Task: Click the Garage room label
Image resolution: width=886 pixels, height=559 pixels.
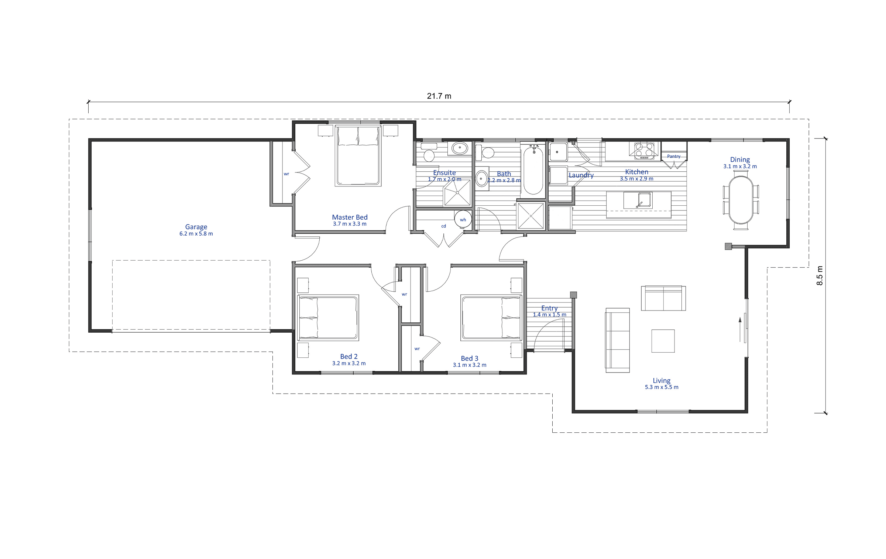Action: tap(196, 227)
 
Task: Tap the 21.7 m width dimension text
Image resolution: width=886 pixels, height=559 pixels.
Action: tap(439, 96)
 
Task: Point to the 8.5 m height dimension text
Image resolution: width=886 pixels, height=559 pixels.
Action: tap(820, 275)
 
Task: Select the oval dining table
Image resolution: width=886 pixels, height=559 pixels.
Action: tap(741, 200)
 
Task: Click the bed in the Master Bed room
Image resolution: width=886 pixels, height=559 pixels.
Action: tap(358, 155)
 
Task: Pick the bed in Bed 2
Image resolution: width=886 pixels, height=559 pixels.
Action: tap(328, 318)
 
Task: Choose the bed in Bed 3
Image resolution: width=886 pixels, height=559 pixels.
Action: tap(491, 318)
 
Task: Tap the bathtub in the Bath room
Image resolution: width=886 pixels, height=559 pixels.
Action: tap(533, 169)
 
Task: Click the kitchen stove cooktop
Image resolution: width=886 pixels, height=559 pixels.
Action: tap(644, 151)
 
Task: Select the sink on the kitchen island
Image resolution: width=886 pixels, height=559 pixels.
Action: tap(638, 200)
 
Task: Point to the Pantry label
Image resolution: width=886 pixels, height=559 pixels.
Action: tap(674, 156)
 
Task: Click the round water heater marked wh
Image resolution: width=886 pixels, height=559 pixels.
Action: tap(463, 219)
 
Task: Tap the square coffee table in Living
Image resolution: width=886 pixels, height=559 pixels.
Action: tap(663, 341)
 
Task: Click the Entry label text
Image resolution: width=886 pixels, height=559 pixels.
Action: tap(549, 308)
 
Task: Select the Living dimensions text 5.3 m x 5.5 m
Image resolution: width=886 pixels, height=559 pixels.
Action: tap(662, 387)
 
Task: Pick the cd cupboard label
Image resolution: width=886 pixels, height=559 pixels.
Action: tap(444, 226)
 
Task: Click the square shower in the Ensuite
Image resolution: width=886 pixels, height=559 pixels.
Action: tap(457, 193)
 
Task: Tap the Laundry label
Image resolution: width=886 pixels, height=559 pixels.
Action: tap(581, 175)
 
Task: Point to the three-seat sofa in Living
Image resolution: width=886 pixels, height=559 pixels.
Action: tap(617, 340)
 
